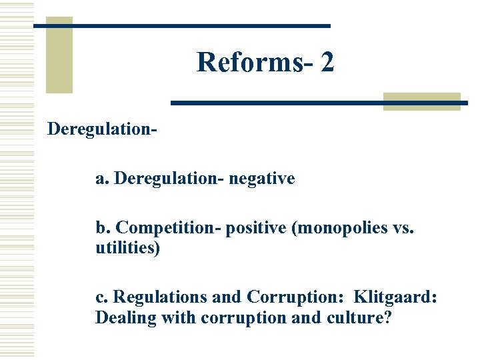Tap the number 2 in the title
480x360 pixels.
(327, 63)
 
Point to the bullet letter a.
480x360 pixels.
(101, 179)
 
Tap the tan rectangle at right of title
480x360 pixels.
(422, 101)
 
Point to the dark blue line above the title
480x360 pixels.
(181, 25)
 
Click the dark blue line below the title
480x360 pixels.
(319, 103)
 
